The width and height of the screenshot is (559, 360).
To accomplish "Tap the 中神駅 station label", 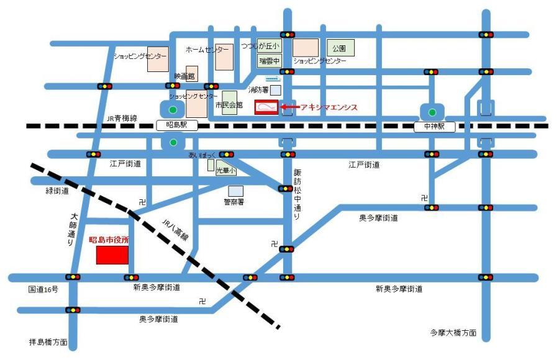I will click(434, 127).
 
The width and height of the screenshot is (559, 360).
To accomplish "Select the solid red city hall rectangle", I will click(112, 255).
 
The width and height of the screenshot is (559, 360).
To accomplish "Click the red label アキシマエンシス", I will click(329, 107).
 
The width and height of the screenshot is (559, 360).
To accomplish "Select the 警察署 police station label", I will click(235, 202).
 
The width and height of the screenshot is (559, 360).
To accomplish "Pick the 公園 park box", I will click(339, 47).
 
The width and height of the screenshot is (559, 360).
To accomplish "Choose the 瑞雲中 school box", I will click(270, 61).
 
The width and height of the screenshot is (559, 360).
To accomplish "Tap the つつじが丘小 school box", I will click(269, 46).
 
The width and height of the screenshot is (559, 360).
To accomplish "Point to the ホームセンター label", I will click(207, 48).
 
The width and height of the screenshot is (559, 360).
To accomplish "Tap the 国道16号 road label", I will click(43, 290).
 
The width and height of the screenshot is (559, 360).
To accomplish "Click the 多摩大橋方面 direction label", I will click(453, 333).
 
